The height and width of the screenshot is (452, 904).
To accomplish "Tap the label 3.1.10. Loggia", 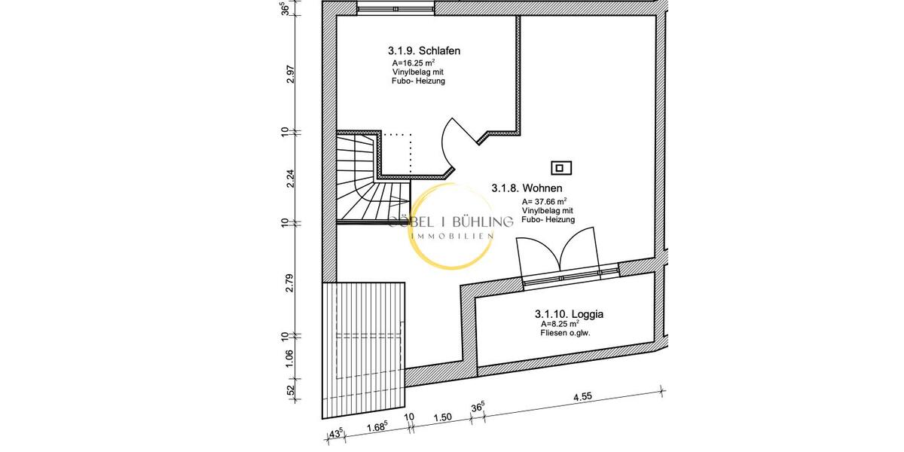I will tap(570, 313).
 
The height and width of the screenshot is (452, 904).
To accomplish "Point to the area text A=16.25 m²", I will tap(413, 63).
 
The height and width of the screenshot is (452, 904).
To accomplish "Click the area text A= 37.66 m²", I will tap(545, 201).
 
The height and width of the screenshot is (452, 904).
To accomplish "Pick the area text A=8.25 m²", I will tap(558, 324).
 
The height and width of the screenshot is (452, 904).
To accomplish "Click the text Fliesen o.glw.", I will tap(565, 333).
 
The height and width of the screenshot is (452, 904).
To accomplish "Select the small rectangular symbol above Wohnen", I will tap(561, 168).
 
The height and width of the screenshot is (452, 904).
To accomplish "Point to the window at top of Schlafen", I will tap(395, 8).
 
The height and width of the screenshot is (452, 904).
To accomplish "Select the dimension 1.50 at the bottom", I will tap(443, 417).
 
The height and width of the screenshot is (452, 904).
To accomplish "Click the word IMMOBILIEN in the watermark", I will tap(451, 236).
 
